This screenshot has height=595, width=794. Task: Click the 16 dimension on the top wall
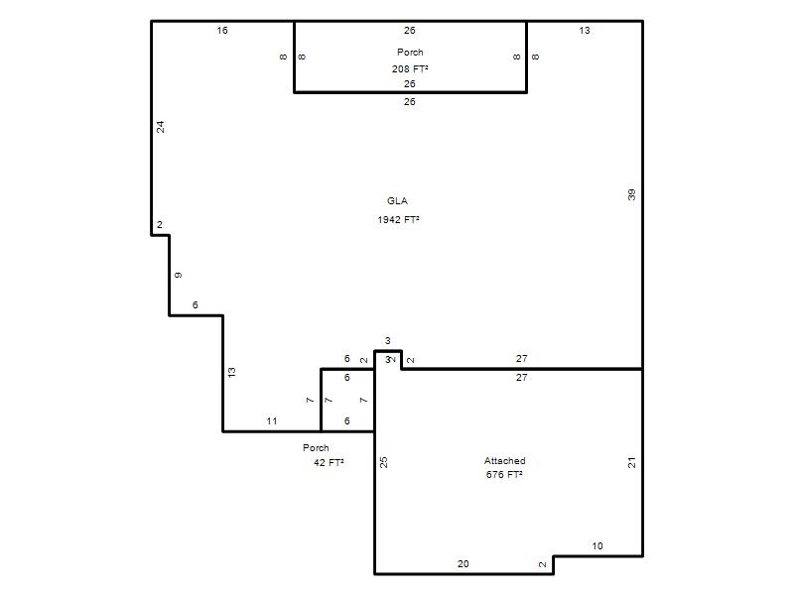point(222,31)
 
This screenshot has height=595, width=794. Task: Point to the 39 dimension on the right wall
point(631,194)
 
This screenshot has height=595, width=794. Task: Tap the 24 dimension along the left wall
point(161,127)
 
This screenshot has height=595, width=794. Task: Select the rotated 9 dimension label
point(179,276)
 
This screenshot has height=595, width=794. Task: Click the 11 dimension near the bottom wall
point(272,420)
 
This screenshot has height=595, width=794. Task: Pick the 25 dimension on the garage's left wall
point(384,462)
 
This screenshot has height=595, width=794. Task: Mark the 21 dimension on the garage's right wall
point(631,462)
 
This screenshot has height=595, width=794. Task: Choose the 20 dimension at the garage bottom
point(463,563)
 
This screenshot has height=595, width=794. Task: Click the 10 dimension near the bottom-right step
point(597,546)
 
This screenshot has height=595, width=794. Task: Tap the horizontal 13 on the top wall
point(585,31)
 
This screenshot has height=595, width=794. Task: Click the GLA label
point(397,201)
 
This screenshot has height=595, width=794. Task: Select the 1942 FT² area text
point(399,219)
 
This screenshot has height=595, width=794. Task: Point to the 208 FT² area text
point(410,68)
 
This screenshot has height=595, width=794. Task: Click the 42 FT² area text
point(329,462)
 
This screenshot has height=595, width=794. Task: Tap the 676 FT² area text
point(504,475)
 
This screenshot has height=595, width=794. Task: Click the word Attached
point(505,461)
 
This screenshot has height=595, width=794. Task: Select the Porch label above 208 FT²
point(410,53)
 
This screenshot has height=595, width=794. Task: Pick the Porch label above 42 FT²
point(316,448)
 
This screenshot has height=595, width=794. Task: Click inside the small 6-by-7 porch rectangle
point(347,401)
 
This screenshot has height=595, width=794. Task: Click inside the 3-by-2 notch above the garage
point(388,360)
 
